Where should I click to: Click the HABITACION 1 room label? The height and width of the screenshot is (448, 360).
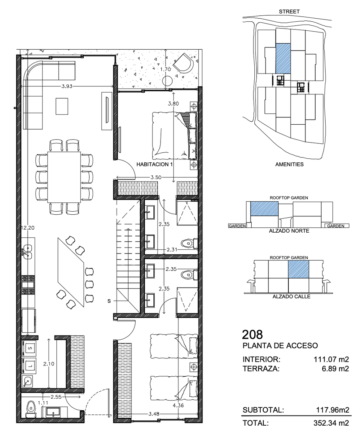point(154,165)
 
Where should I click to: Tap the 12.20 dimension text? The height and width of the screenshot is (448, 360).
point(28,228)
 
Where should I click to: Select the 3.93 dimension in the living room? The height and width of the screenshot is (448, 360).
point(67,86)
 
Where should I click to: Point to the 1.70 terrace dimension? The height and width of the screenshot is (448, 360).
point(165,69)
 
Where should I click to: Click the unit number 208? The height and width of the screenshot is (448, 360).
point(252,335)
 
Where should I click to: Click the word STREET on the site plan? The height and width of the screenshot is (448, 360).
point(289,12)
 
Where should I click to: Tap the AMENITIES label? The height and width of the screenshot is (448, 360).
point(289,165)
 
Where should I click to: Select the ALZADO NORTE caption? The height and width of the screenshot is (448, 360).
point(289,231)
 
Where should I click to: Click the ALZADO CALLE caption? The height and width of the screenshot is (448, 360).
point(292,296)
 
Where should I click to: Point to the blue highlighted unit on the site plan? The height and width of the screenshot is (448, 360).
point(283,59)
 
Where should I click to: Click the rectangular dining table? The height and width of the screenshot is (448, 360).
point(64,177)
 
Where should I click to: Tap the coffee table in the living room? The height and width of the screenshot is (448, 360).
point(62,106)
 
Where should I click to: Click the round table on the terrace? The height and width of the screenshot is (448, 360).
point(167,81)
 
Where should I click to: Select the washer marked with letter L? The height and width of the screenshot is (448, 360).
point(29,366)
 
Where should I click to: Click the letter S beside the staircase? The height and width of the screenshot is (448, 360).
point(109,301)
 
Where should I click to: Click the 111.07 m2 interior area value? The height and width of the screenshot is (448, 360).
point(331,359)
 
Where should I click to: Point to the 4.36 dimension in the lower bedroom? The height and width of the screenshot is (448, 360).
point(178,405)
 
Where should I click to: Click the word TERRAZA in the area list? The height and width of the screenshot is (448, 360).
point(261,368)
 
